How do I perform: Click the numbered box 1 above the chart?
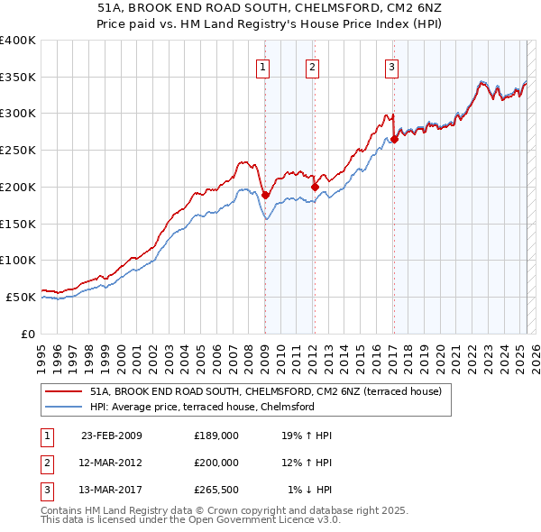[x=262, y=66]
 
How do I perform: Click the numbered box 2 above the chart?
[x=312, y=66]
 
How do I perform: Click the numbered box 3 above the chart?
[x=392, y=66]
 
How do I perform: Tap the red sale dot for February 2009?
[x=265, y=194]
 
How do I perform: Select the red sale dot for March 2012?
[x=315, y=187]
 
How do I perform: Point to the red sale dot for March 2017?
[x=394, y=139]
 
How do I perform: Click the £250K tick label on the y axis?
[x=18, y=150]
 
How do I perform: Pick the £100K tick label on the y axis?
[x=18, y=260]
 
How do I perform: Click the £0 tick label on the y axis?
[x=28, y=334]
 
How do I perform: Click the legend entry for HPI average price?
[x=201, y=407]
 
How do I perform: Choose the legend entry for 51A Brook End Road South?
[x=265, y=392]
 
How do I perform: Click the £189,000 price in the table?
[x=216, y=436]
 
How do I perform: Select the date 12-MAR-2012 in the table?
[x=112, y=463]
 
